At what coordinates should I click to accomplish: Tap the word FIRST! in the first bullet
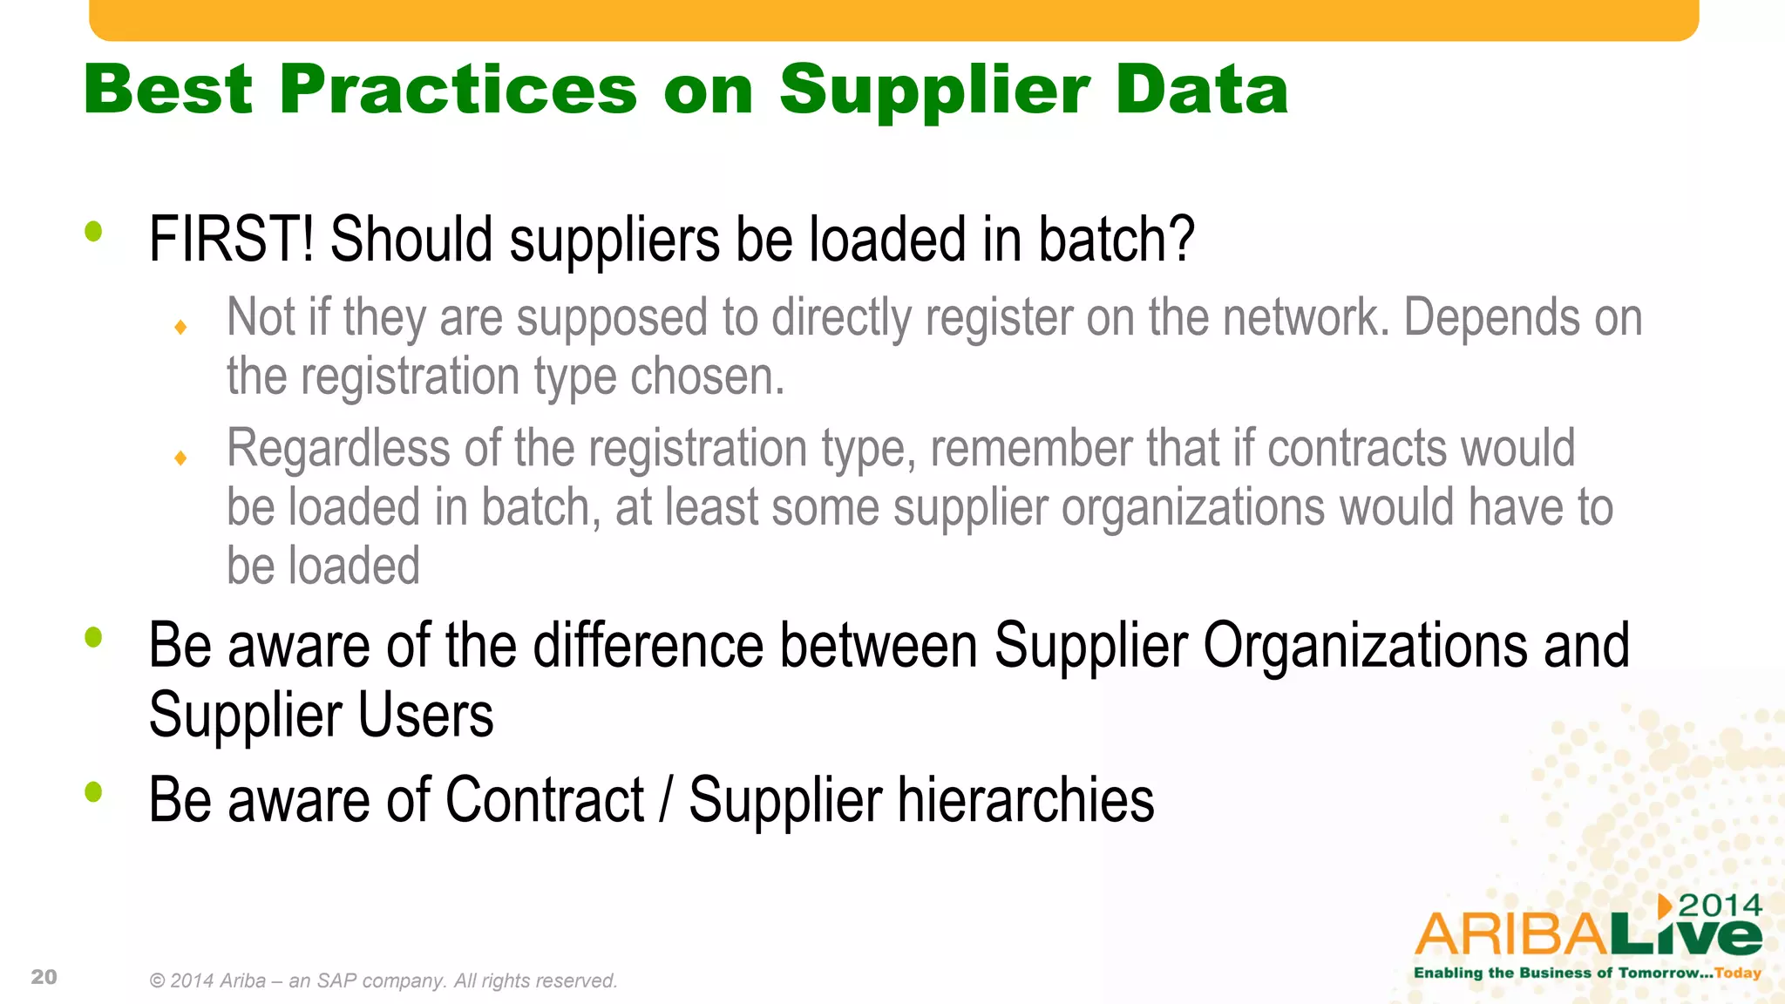231,240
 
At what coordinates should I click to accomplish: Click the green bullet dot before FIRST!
93,231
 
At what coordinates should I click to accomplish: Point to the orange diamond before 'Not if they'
180,328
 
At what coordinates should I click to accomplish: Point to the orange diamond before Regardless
180,458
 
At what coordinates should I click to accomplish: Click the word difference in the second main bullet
648,646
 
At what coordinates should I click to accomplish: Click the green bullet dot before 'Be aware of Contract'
93,791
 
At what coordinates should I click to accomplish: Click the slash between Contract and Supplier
666,800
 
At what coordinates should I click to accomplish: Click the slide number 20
44,977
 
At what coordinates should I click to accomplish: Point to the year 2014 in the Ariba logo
1720,906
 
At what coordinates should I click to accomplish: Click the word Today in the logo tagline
1738,973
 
